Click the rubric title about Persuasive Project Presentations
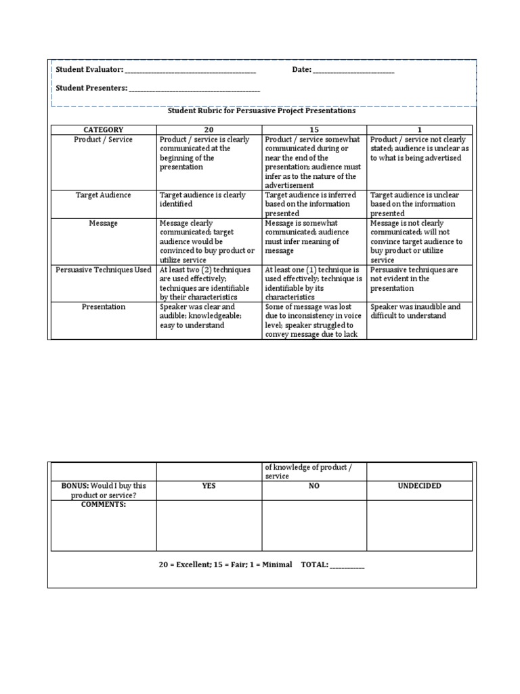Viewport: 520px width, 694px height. point(261,110)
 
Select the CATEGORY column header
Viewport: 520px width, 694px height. point(103,129)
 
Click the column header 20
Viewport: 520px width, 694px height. point(209,129)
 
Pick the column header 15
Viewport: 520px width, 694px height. point(314,129)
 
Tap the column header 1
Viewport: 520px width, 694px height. point(419,129)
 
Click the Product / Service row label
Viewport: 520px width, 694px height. point(103,140)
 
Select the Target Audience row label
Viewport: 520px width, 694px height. point(103,195)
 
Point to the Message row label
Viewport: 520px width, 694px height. point(103,223)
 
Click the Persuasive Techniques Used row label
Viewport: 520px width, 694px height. point(103,270)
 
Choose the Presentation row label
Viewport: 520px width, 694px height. point(103,307)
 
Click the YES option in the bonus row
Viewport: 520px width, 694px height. point(209,486)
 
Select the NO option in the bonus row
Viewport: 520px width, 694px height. point(314,486)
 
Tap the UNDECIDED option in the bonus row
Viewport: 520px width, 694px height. point(419,486)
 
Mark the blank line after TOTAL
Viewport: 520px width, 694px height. point(347,565)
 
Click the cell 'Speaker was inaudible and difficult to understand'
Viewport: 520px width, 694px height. point(418,311)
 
